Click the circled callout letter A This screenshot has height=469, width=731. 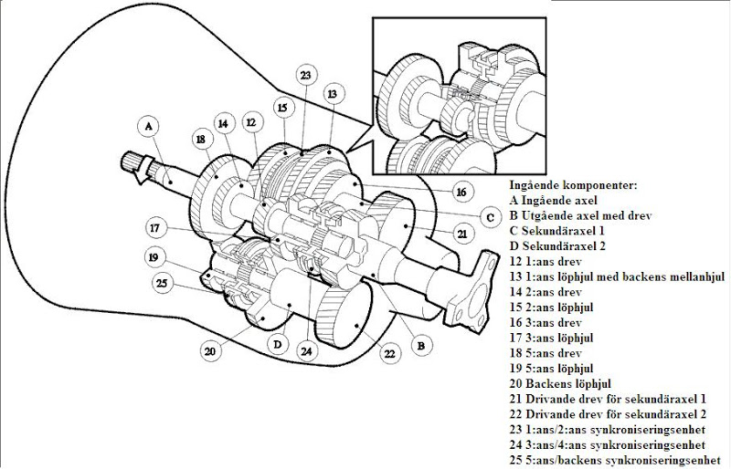click(149, 125)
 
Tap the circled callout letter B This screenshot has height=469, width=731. click(420, 346)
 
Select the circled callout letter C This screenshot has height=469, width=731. click(490, 216)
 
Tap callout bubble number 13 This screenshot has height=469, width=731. click(332, 94)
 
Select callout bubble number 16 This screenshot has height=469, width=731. click(461, 192)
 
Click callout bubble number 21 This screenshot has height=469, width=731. click(462, 234)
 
